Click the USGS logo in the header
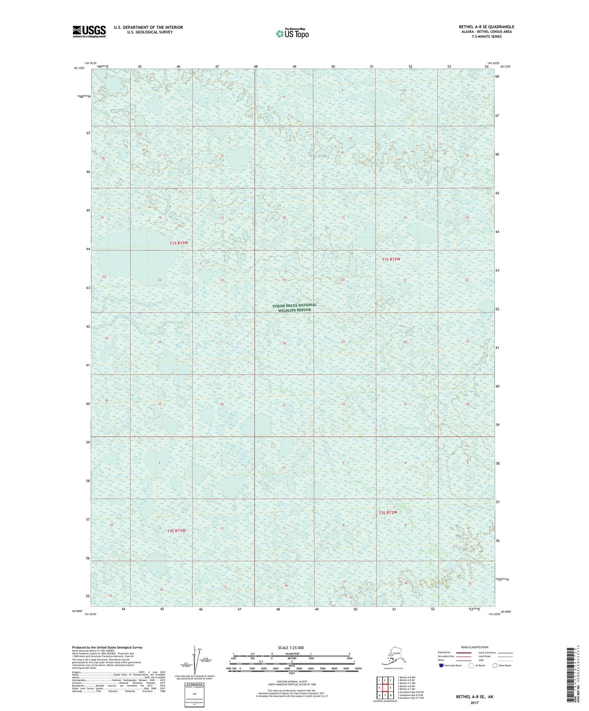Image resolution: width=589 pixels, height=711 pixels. [x=89, y=31]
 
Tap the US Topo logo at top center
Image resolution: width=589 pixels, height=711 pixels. [x=292, y=33]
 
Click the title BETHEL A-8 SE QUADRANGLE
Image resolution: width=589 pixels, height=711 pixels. [x=486, y=27]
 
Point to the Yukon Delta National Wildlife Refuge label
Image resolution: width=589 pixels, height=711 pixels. [x=294, y=307]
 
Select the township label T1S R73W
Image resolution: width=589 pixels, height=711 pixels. [x=179, y=243]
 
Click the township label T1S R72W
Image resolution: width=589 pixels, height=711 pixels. [x=391, y=259]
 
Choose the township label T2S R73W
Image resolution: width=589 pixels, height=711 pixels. [x=176, y=531]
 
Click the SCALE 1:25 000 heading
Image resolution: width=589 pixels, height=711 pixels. [x=291, y=647]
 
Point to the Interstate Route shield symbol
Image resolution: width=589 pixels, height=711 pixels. [x=441, y=665]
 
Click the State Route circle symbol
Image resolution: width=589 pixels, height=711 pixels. [x=495, y=665]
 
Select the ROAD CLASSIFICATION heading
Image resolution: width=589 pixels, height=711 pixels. [x=474, y=647]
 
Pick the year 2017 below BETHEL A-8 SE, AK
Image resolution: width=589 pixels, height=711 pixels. [x=474, y=703]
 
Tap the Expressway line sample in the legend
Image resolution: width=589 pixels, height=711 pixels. [x=463, y=653]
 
